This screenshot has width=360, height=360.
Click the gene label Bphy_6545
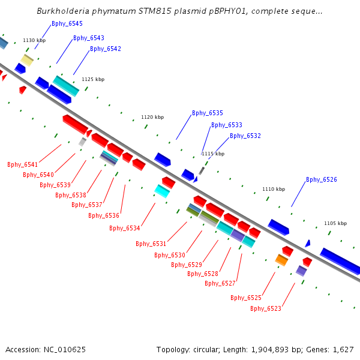click(x=67, y=23)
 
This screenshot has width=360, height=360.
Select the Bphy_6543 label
click(x=89, y=38)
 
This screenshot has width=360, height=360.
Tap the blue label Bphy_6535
click(x=208, y=113)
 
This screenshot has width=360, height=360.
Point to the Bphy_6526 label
click(x=322, y=179)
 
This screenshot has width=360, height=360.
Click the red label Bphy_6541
click(x=23, y=164)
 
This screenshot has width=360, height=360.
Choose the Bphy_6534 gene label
click(x=125, y=228)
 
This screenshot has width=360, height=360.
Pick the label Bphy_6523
click(x=266, y=308)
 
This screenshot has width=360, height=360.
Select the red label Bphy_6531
click(x=151, y=244)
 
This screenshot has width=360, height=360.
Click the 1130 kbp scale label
click(x=34, y=40)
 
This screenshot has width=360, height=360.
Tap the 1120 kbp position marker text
click(x=152, y=117)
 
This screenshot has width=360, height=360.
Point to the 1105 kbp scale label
click(x=335, y=223)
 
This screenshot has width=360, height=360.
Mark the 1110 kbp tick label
click(x=274, y=189)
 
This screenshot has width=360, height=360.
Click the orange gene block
click(x=281, y=260)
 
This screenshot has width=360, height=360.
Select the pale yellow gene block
click(x=28, y=60)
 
